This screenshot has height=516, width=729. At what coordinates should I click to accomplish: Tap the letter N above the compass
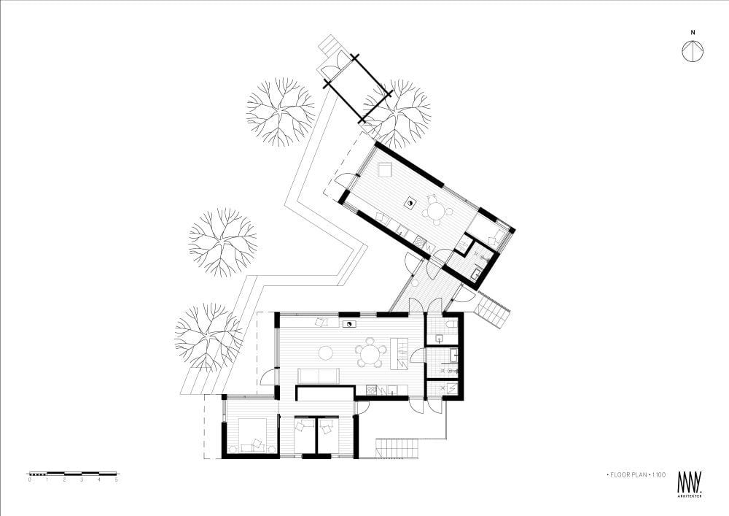coord(693,33)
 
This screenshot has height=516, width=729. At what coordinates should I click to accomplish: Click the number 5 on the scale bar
coord(116,480)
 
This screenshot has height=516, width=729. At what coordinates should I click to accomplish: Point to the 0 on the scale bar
coord(30,480)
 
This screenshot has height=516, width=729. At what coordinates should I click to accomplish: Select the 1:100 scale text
coord(659,474)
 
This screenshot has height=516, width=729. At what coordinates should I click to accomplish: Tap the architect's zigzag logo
coord(690,482)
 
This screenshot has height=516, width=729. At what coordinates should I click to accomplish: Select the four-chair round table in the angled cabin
coord(437,211)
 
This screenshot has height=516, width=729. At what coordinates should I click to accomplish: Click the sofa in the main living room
coord(318,375)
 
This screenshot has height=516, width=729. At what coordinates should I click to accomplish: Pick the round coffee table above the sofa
coord(325,353)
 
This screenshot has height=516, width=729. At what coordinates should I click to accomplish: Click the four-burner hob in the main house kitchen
coord(372,390)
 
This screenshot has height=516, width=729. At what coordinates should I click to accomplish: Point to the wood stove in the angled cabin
coord(411,203)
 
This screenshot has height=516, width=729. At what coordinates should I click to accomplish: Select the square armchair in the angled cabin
coord(384,170)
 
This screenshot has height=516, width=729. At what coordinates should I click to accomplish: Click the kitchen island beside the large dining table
coord(399,353)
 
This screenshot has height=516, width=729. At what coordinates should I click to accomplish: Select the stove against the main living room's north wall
coord(348,324)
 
